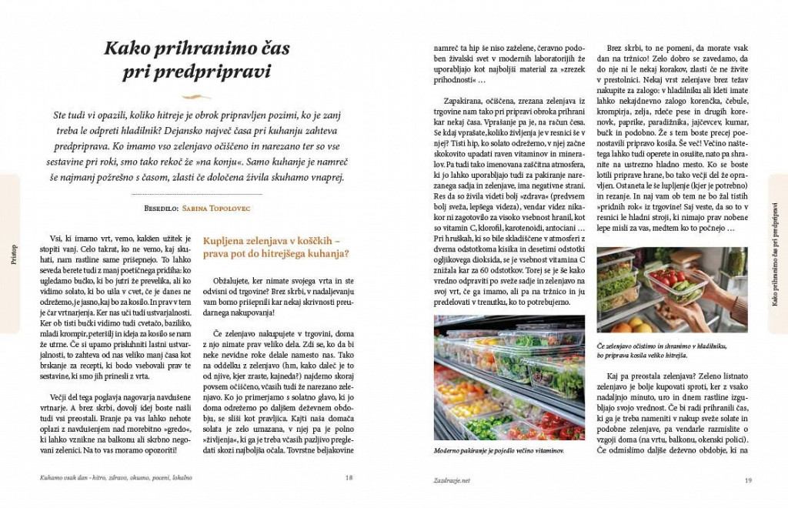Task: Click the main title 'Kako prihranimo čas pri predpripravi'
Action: point(197,61)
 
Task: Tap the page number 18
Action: point(349,478)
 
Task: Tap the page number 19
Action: point(747,481)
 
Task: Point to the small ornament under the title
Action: point(197,97)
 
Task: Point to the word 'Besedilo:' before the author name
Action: point(158,208)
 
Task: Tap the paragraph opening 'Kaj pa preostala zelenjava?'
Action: point(654,375)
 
